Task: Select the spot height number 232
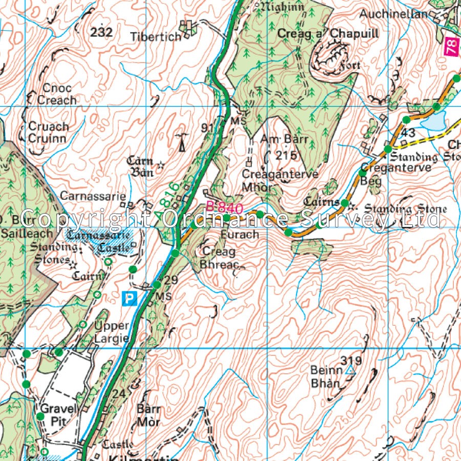[101, 33]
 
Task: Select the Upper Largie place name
[111, 332]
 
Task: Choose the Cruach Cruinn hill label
[48, 132]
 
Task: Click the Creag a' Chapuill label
[328, 33]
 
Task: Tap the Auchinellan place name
[393, 14]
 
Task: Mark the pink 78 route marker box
[450, 48]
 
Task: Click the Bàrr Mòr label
[149, 416]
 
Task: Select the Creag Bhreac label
[219, 258]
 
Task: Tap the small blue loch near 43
[433, 122]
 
